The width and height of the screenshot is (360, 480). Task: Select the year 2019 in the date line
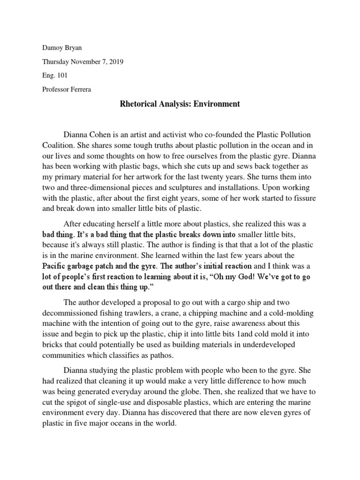click(114, 62)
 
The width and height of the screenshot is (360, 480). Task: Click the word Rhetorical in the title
click(138, 104)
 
